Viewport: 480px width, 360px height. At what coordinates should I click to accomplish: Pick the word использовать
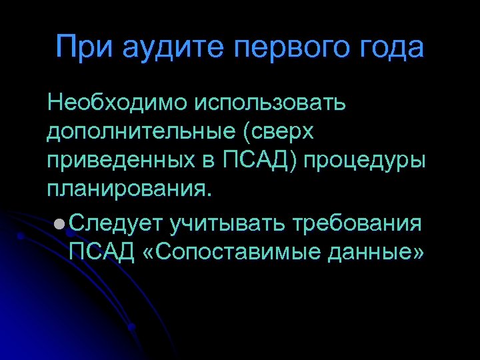[270, 103]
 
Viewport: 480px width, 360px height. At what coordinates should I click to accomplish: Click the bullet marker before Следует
[60, 223]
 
